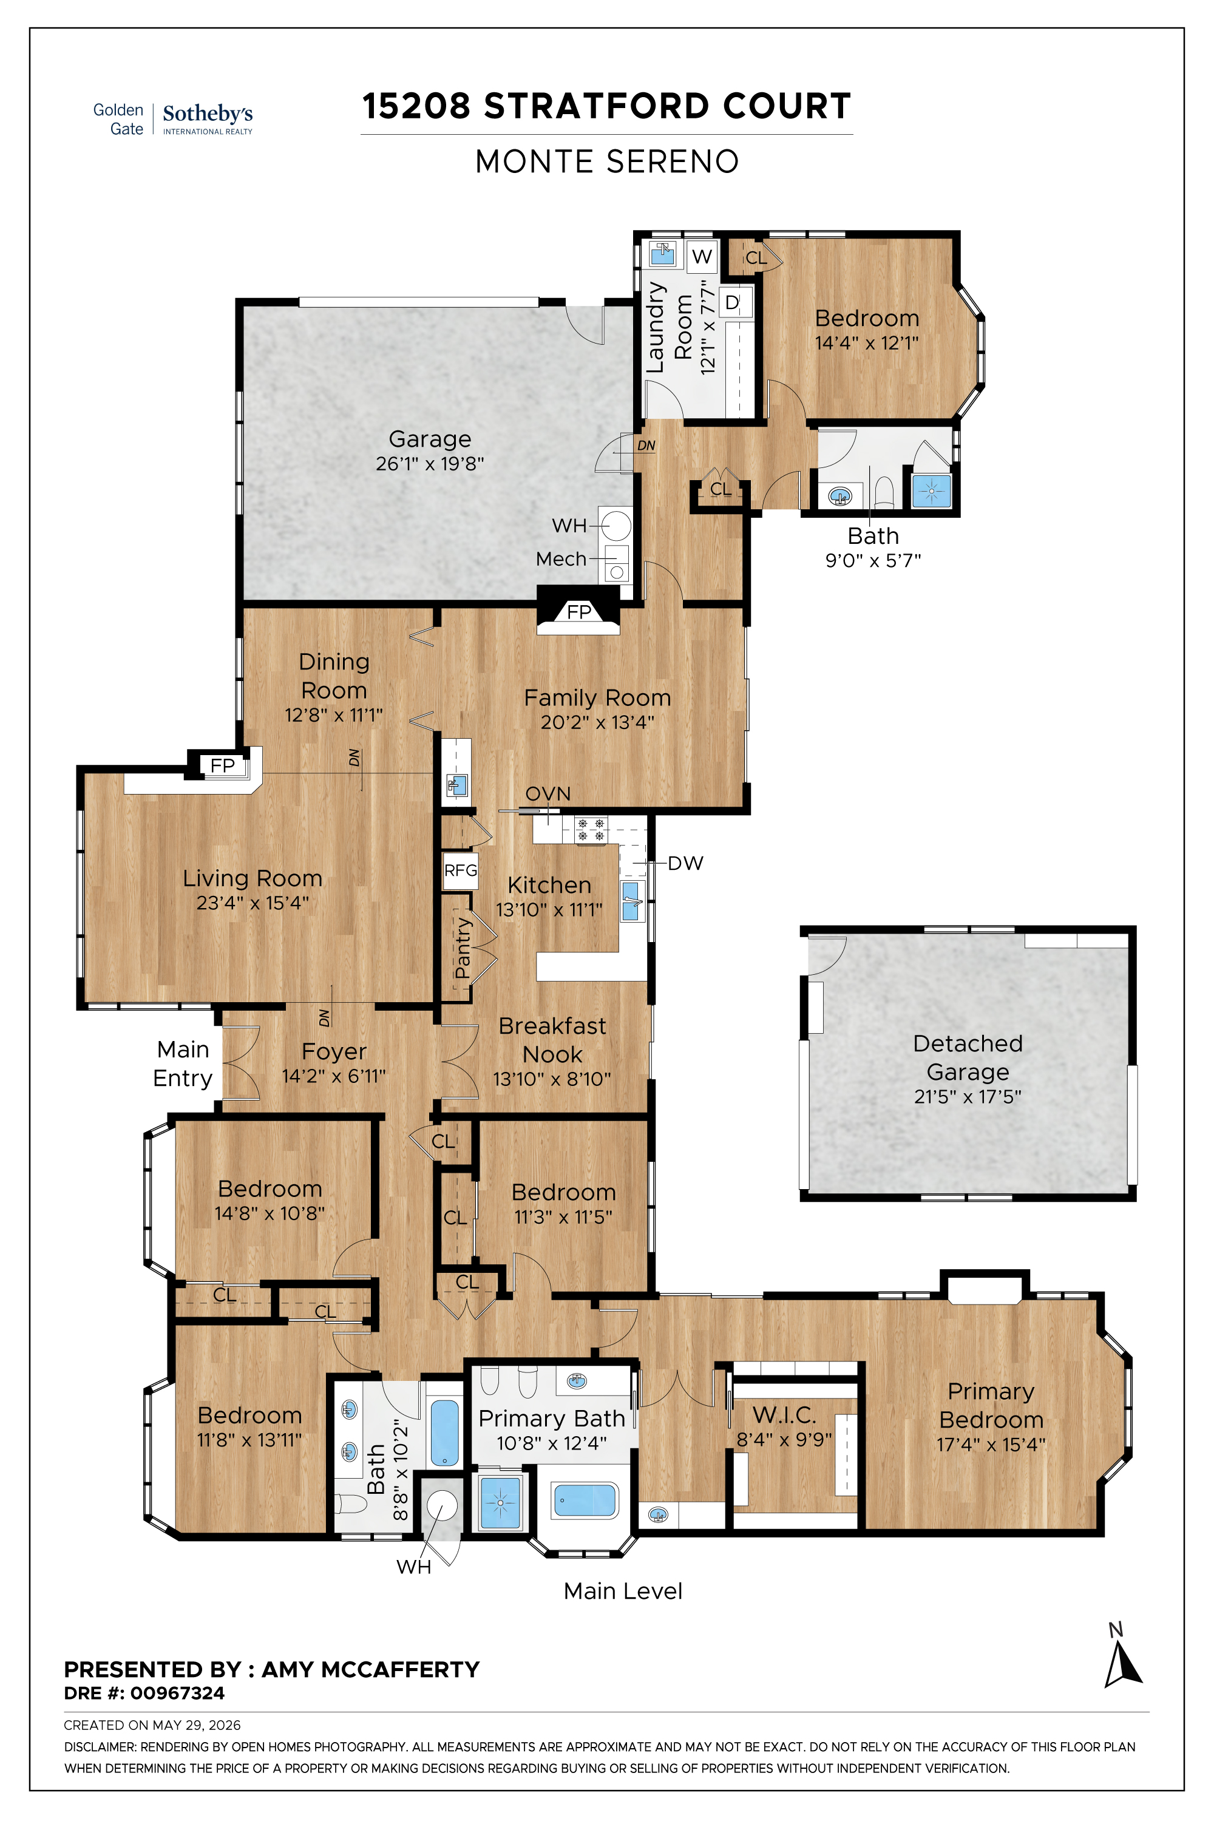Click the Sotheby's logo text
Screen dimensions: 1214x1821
(208, 114)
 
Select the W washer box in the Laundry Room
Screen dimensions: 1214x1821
(702, 256)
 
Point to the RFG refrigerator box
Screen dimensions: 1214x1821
(460, 871)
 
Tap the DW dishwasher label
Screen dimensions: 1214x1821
(685, 863)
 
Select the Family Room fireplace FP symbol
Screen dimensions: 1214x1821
(578, 612)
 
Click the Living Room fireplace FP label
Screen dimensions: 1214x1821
(222, 765)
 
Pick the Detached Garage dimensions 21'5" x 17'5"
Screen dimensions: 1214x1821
(968, 1096)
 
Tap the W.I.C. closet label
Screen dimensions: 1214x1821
(784, 1416)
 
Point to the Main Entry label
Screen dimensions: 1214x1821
(183, 1064)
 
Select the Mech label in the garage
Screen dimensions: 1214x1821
(561, 558)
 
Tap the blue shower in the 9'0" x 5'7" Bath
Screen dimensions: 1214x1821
(931, 491)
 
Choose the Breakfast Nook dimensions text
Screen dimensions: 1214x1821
(552, 1079)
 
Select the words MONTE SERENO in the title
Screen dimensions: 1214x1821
(607, 162)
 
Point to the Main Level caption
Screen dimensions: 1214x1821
(623, 1591)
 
